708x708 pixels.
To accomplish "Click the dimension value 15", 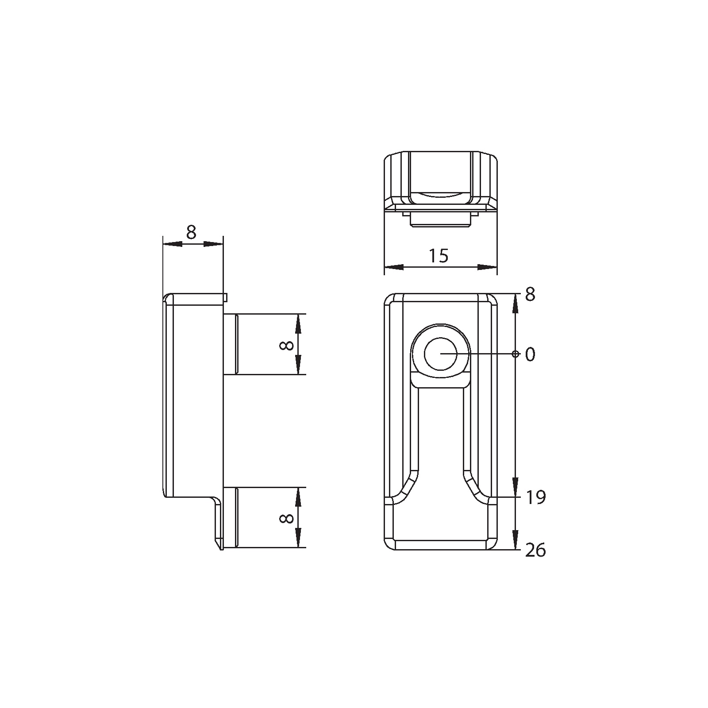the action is [439, 256].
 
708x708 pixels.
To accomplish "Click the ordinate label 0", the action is [530, 354].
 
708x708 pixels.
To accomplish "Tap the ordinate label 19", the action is [536, 498].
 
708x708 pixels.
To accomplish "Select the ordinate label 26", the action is [535, 550].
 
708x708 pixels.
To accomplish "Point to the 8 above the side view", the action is [191, 232].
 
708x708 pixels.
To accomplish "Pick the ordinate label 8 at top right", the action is [530, 294].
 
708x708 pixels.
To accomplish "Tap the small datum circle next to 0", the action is [516, 354].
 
